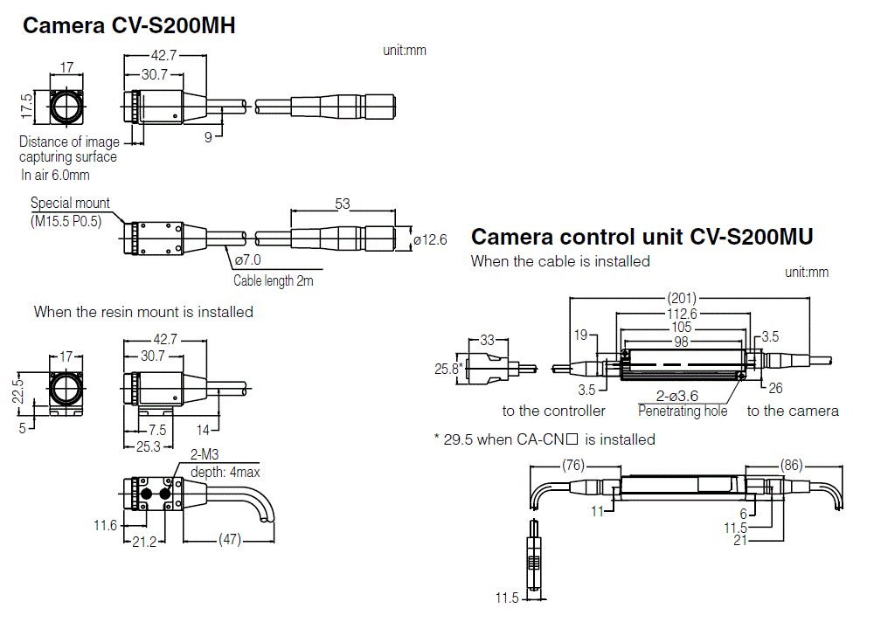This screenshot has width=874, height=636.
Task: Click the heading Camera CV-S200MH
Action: [x=128, y=26]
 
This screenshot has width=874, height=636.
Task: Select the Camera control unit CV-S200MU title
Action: [x=642, y=237]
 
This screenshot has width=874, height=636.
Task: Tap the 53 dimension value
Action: [x=342, y=204]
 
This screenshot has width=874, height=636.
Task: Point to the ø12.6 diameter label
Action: [x=430, y=238]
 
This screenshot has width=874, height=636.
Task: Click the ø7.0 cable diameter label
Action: [x=247, y=260]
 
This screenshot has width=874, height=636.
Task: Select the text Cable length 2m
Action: [x=273, y=281]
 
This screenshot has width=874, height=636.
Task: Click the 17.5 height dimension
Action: [x=27, y=107]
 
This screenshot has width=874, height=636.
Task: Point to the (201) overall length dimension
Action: [x=682, y=298]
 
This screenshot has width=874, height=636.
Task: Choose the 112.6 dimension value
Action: [x=682, y=314]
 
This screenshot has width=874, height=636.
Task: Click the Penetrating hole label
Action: [x=683, y=411]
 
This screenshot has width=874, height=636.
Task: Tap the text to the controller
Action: [x=553, y=411]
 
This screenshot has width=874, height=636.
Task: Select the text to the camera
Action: [x=793, y=411]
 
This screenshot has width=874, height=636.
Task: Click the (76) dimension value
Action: [x=573, y=465]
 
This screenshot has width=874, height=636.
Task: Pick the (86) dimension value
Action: [x=791, y=465]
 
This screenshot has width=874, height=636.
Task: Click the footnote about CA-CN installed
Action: [x=545, y=439]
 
